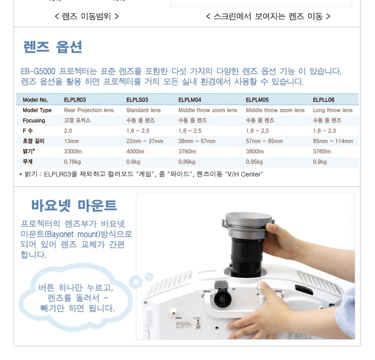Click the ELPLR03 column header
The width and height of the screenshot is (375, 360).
75,100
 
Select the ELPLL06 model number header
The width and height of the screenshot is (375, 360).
323,100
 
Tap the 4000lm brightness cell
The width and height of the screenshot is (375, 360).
135,152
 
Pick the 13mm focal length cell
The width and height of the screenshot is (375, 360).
71,141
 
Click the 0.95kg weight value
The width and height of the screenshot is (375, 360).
254,161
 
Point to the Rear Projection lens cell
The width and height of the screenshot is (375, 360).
89,110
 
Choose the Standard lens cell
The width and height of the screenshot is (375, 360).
143,110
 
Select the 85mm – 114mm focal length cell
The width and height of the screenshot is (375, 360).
333,141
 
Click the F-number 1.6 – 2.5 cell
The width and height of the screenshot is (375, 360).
138,131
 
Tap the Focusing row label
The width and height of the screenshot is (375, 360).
34,121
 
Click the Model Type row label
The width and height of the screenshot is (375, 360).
37,110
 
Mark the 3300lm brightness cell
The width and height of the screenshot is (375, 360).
73,152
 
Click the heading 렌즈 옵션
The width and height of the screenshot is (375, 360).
53,47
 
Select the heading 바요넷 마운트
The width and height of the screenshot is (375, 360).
74,206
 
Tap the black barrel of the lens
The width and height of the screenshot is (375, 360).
247,256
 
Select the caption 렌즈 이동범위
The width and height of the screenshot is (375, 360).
86,16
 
